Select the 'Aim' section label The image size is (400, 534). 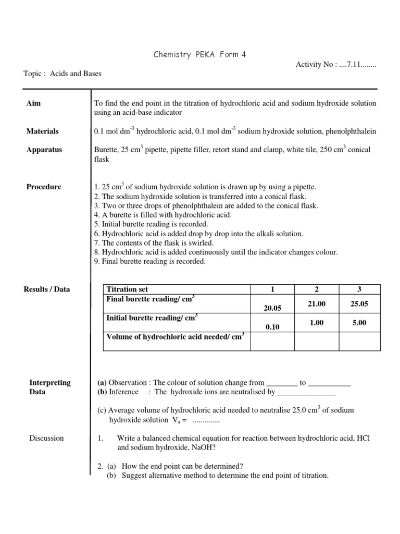click(33, 103)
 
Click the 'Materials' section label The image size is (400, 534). click(43, 131)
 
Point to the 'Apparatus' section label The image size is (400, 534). click(44, 150)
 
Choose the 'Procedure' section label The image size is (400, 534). click(44, 187)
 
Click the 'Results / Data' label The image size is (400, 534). click(47, 289)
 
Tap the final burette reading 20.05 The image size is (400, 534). click(272, 308)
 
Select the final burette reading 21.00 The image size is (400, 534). click(317, 304)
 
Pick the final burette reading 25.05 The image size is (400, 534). click(359, 304)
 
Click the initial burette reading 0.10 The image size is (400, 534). click(272, 327)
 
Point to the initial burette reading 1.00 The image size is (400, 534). click(317, 323)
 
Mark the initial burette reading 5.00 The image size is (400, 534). click(359, 323)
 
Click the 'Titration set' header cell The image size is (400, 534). click(127, 289)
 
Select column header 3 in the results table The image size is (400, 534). click(359, 289)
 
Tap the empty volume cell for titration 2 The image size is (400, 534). click(317, 341)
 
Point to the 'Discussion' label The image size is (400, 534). click(46, 438)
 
